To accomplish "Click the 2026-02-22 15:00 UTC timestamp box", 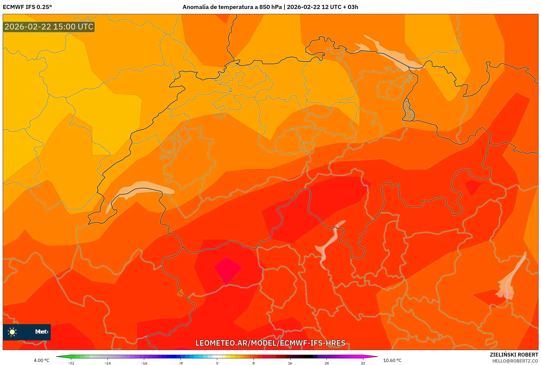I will pyautogui.click(x=49, y=27).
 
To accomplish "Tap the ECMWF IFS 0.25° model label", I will pyautogui.click(x=27, y=7).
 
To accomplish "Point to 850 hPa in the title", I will pyautogui.click(x=270, y=7).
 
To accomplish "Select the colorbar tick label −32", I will pyautogui.click(x=71, y=363).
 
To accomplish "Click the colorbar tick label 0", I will pyautogui.click(x=217, y=363).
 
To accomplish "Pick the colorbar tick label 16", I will pyautogui.click(x=290, y=363).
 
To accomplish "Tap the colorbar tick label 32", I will pyautogui.click(x=363, y=363).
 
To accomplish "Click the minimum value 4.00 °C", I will pyautogui.click(x=41, y=360).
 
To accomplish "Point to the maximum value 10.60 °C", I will pyautogui.click(x=392, y=360).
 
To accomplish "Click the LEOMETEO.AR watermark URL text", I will pyautogui.click(x=270, y=343).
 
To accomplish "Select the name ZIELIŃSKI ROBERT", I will pyautogui.click(x=514, y=355).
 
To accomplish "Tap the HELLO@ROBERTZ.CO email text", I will pyautogui.click(x=515, y=361).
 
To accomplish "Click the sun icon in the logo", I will pyautogui.click(x=12, y=332).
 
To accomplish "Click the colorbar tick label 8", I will pyautogui.click(x=254, y=363).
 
